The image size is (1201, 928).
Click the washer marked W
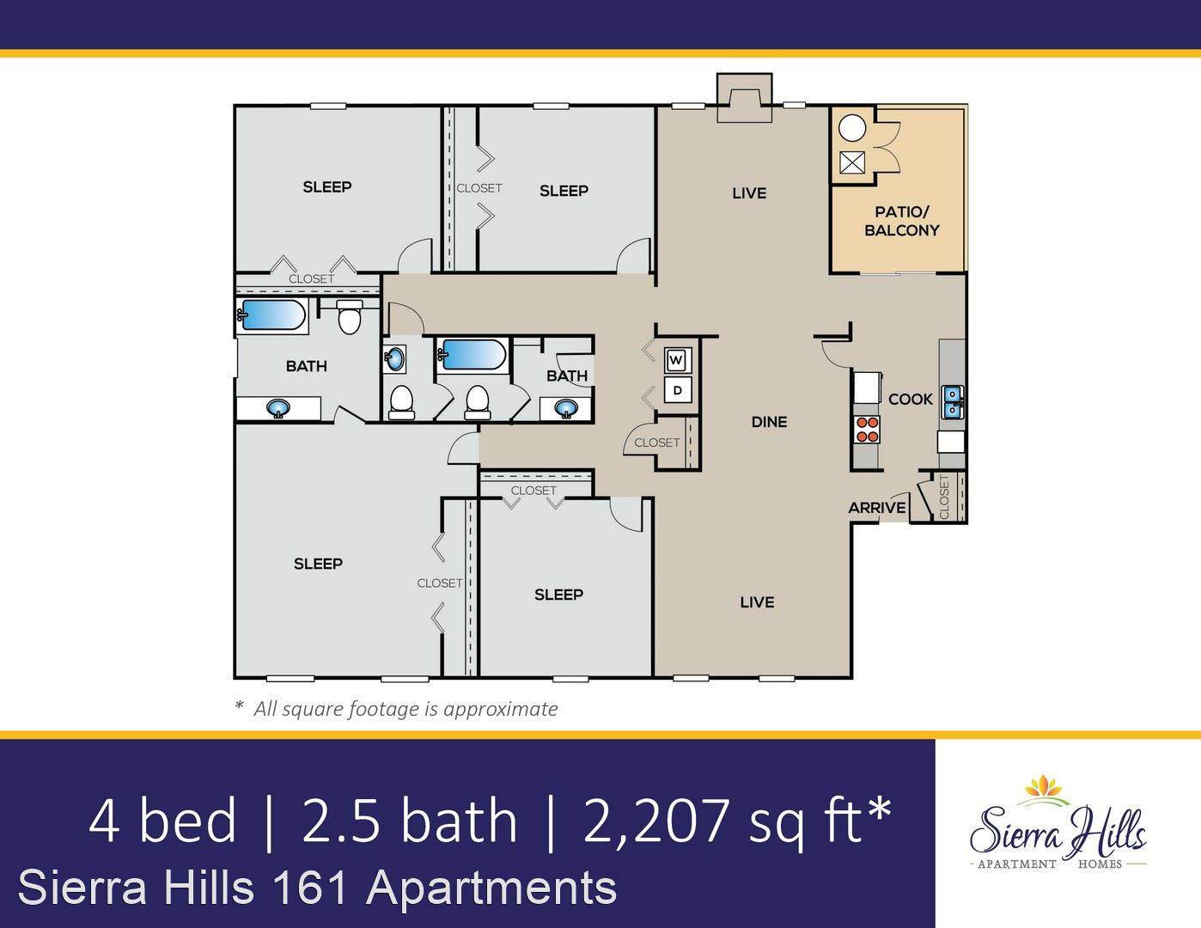pos(676,361)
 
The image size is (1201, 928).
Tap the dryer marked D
pos(678,390)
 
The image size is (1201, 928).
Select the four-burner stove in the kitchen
pos(867,430)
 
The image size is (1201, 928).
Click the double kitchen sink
pos(952,402)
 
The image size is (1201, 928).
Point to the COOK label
pos(911,399)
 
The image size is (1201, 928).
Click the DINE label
pos(769,422)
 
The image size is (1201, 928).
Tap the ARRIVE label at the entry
pos(877,507)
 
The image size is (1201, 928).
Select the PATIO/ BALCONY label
pos(901,221)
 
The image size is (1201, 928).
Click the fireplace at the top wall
pos(745,98)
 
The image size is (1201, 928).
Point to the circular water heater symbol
pos(851,128)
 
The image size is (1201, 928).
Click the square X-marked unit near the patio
pos(851,162)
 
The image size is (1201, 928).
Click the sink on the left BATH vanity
pos(278,409)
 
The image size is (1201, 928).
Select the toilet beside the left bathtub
pos(349,317)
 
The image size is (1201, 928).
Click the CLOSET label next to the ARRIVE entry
pos(944,497)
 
